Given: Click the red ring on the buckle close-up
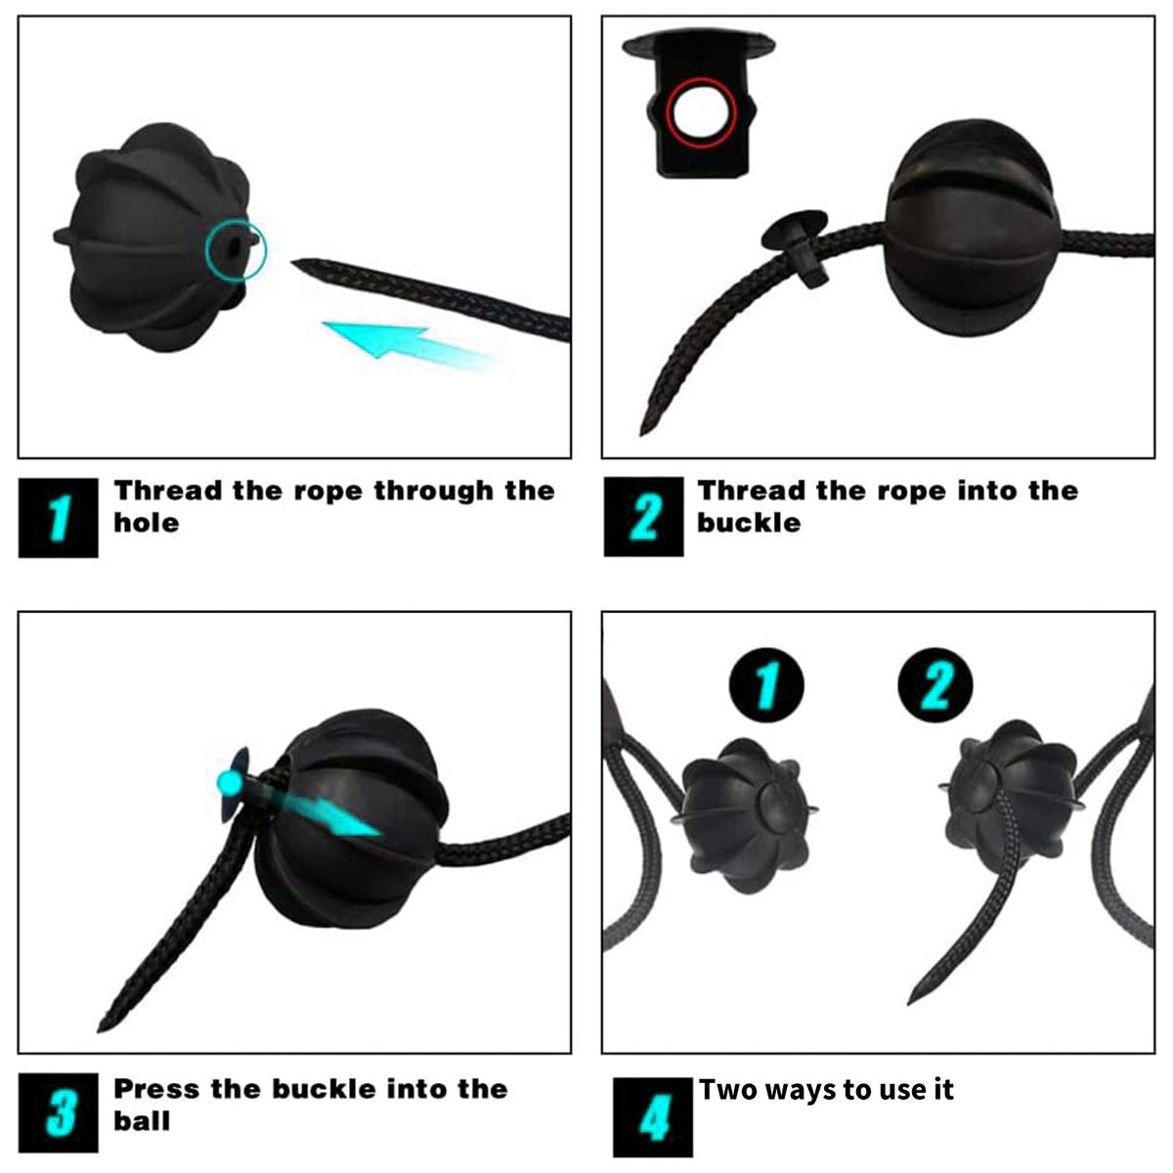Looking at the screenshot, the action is coord(668,112).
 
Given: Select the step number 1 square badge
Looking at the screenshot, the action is coord(59,517).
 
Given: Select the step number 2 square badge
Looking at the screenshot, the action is coord(643,517).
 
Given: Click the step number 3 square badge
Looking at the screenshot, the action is coord(59,1112).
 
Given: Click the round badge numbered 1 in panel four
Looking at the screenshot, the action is coord(766,685).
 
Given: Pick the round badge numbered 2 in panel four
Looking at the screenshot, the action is coord(935,685).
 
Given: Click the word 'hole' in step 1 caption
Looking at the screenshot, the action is coord(147,523).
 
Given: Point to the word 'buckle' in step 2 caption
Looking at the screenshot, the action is coord(749,523).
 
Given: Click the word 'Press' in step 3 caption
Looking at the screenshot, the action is coord(156,1089).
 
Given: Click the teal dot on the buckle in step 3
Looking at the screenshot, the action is coord(228,780).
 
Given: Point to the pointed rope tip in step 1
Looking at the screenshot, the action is coord(293,261).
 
